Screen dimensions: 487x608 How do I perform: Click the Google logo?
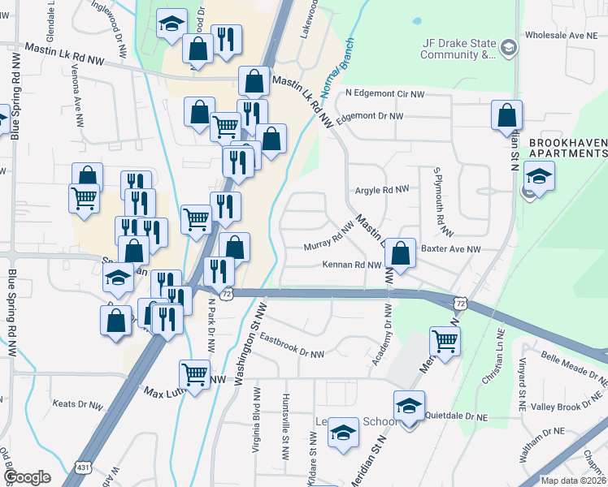tap(28, 477)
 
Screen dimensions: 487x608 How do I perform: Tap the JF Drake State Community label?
tap(458, 49)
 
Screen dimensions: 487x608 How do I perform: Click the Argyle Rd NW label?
tap(382, 190)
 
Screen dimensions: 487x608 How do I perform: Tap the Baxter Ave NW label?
tap(451, 249)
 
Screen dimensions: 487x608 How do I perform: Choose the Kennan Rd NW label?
tap(352, 265)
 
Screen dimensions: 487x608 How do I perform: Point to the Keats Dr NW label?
tap(77, 403)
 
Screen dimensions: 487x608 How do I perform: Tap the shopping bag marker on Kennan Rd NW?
tap(400, 253)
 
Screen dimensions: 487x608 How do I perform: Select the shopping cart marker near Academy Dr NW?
tap(444, 341)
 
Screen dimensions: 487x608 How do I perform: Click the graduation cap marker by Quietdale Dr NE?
tap(409, 406)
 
